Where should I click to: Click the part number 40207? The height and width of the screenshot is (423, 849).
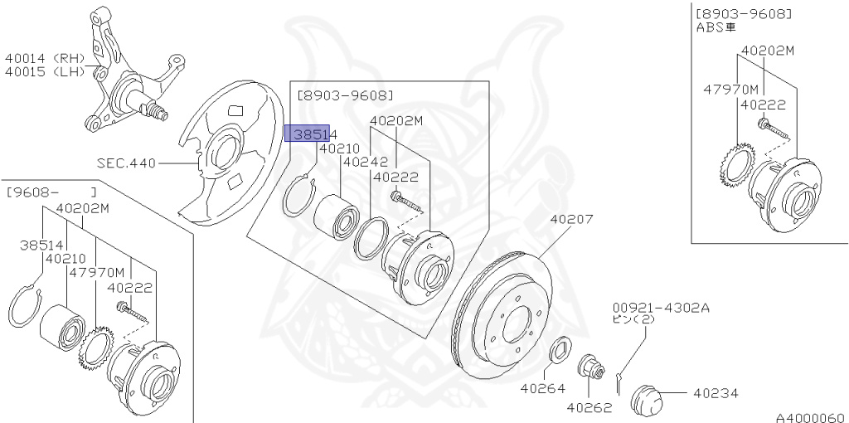point(570,221)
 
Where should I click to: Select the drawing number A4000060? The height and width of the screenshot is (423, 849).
point(809,417)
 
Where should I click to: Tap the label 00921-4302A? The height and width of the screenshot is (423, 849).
point(661,307)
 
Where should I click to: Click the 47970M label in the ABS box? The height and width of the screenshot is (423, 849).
point(730,89)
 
